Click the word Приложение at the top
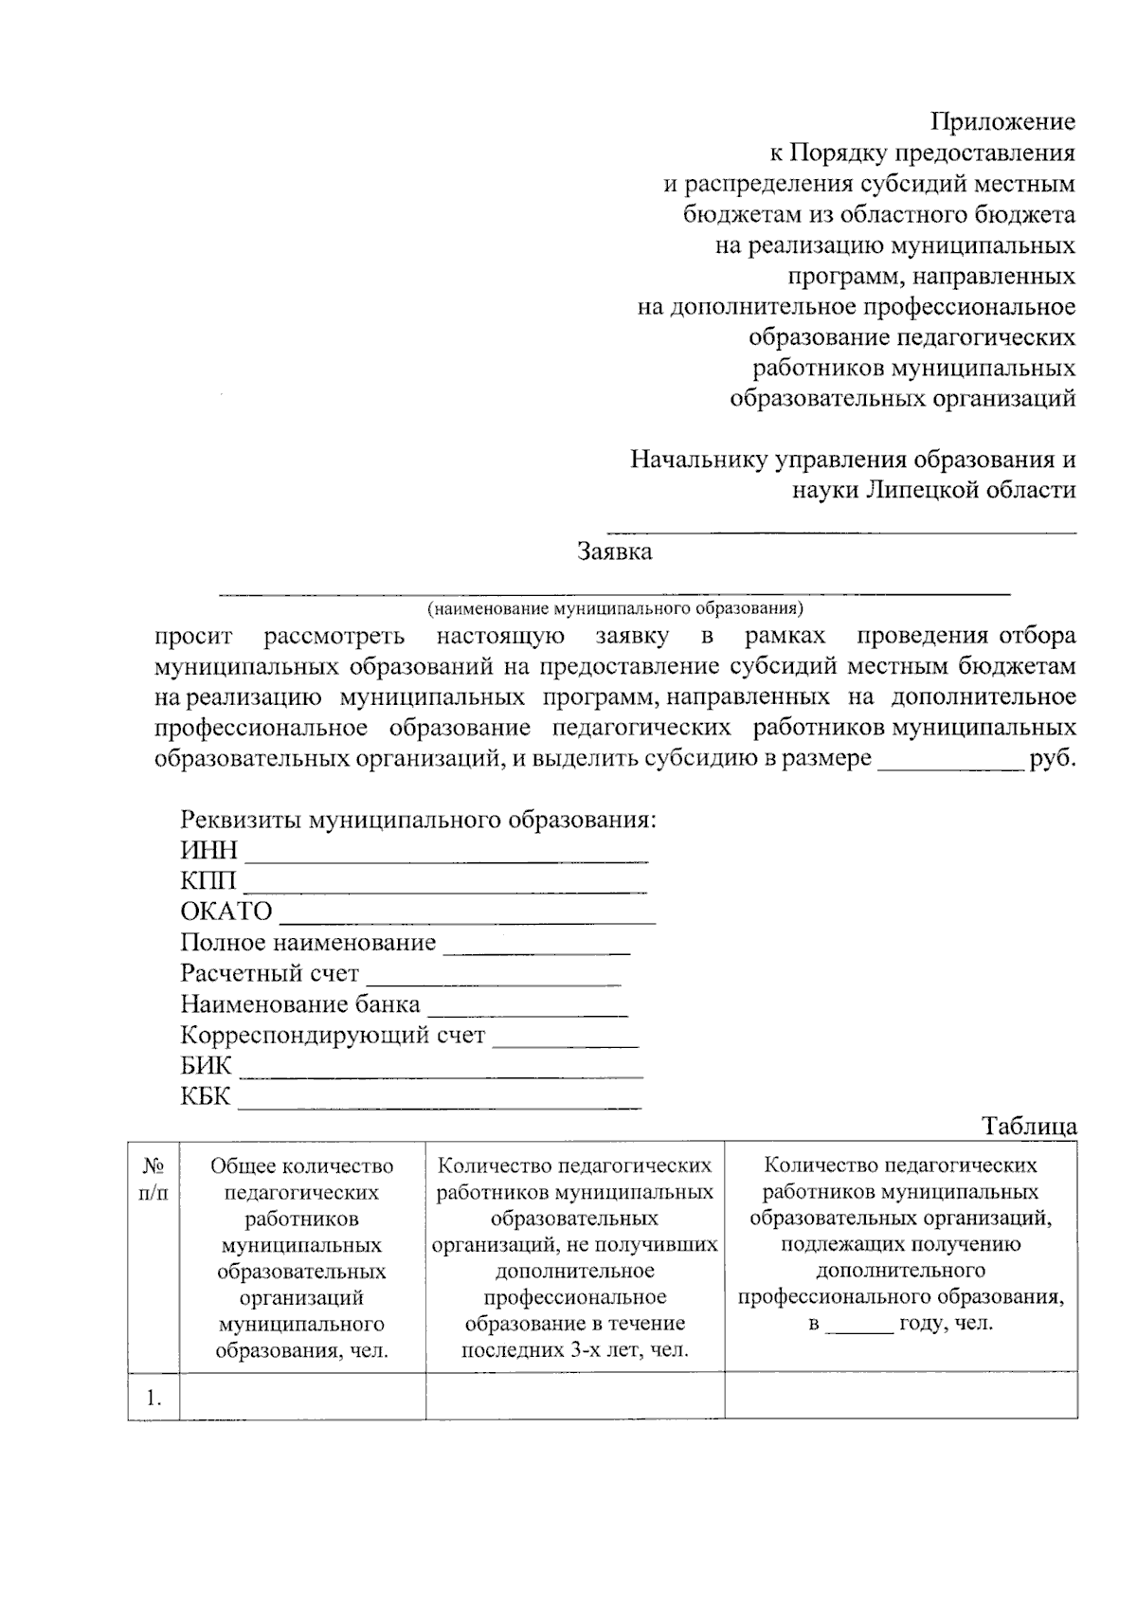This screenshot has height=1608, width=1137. [x=1002, y=121]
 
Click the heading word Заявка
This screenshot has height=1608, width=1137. [x=614, y=551]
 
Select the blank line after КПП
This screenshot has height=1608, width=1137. [x=444, y=889]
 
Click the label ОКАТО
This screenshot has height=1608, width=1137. [x=226, y=912]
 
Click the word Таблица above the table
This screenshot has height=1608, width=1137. [x=1029, y=1126]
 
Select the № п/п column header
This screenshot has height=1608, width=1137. [x=153, y=1179]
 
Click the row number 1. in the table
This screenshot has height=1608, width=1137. [x=153, y=1397]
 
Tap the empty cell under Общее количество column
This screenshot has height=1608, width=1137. [x=302, y=1396]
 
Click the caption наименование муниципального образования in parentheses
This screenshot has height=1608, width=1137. [x=614, y=607]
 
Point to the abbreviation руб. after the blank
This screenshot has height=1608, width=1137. [x=1052, y=759]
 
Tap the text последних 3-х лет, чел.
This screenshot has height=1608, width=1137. [x=574, y=1349]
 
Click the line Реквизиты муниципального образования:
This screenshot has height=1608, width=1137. [x=418, y=819]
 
